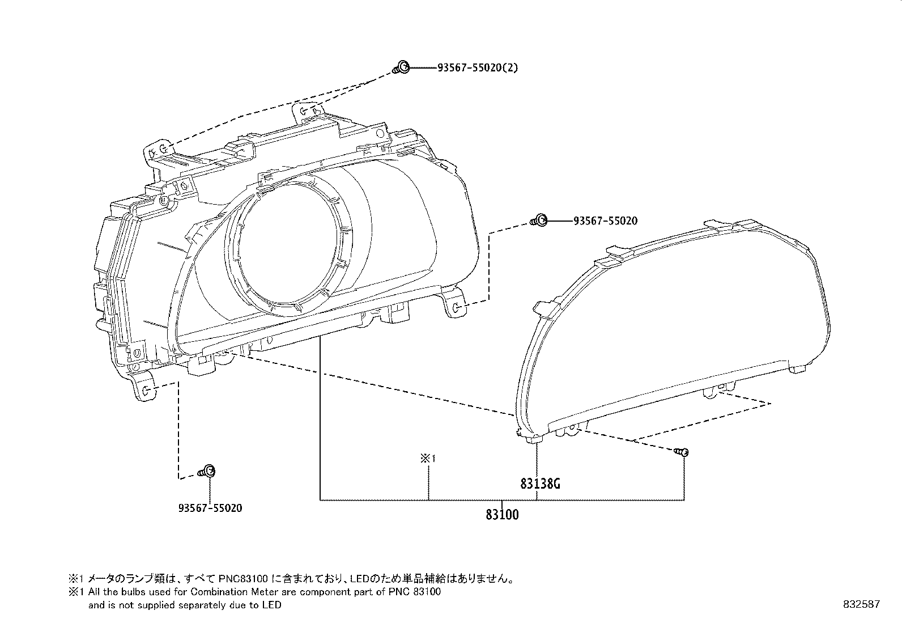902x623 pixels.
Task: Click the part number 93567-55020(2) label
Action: [478, 67]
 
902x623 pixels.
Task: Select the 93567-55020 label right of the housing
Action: [605, 221]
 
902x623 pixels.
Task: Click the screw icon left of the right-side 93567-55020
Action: [539, 221]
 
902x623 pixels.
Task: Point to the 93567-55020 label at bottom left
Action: [210, 508]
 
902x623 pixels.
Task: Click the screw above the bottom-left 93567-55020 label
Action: [207, 472]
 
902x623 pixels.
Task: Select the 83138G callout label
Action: [540, 484]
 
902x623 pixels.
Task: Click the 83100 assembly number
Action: [502, 515]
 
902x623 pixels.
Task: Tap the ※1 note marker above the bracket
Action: [428, 458]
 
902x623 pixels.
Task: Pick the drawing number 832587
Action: [862, 604]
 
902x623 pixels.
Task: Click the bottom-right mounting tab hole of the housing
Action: [456, 308]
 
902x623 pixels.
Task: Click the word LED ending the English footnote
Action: [272, 605]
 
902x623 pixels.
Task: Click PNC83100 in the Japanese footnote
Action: [243, 579]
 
